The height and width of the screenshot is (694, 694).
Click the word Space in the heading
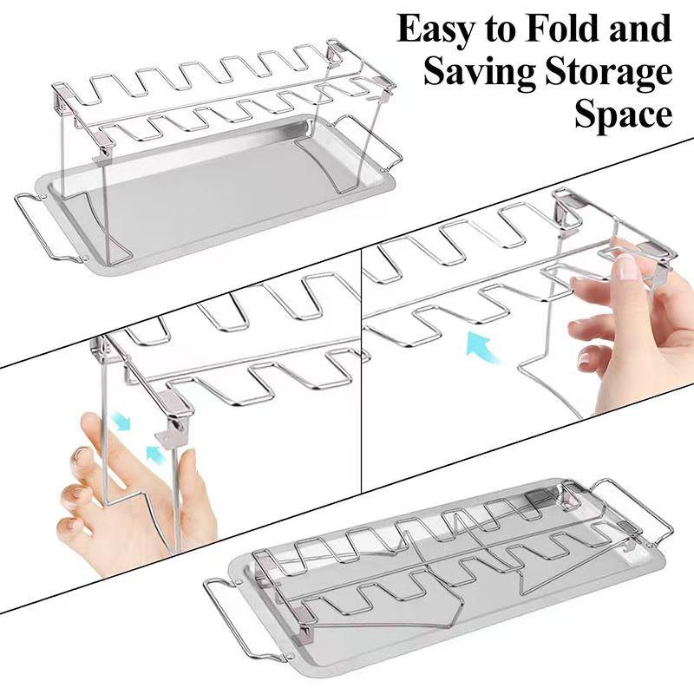622,115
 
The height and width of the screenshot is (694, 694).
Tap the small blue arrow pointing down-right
121,422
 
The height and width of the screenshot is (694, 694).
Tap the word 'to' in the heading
501,30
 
